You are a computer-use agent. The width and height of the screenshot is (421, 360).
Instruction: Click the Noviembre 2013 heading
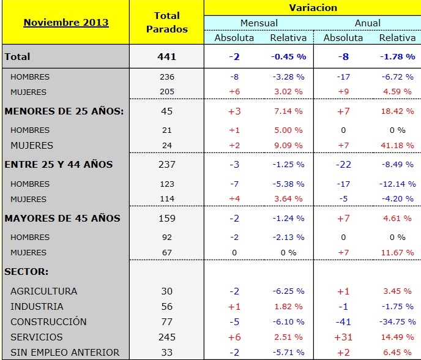tap(65, 23)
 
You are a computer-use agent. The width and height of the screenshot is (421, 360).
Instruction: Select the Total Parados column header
tap(166, 22)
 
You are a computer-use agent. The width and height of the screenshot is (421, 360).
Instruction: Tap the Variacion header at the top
tap(313, 8)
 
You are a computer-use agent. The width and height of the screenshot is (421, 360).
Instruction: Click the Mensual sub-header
tap(258, 23)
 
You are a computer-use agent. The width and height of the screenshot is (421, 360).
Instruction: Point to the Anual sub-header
tap(367, 23)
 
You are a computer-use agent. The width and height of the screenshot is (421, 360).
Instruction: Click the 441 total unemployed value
tap(166, 56)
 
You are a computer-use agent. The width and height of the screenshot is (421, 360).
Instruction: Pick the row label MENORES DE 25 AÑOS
tap(64, 111)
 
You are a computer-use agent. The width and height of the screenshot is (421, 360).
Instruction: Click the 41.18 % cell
tap(397, 146)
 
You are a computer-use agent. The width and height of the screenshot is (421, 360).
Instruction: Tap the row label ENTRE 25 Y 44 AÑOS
tap(58, 165)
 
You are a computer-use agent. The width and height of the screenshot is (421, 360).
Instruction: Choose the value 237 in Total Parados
tap(166, 165)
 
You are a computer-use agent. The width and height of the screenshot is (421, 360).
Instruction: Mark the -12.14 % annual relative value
tap(395, 184)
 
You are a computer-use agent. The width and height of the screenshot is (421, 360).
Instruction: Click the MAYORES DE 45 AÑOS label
tap(62, 219)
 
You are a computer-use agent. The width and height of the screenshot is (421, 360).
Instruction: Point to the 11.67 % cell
tap(397, 253)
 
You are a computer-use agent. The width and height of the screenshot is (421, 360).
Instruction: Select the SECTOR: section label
tap(26, 271)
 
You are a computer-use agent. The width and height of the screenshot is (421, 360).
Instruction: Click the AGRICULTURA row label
tap(43, 291)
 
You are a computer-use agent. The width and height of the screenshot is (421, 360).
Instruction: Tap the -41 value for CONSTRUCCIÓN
tap(343, 322)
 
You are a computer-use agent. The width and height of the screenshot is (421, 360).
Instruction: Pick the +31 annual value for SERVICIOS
tap(343, 337)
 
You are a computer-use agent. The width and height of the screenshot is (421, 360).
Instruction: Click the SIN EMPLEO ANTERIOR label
tap(65, 353)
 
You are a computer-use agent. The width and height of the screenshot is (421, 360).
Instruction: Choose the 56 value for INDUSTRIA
tap(166, 307)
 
